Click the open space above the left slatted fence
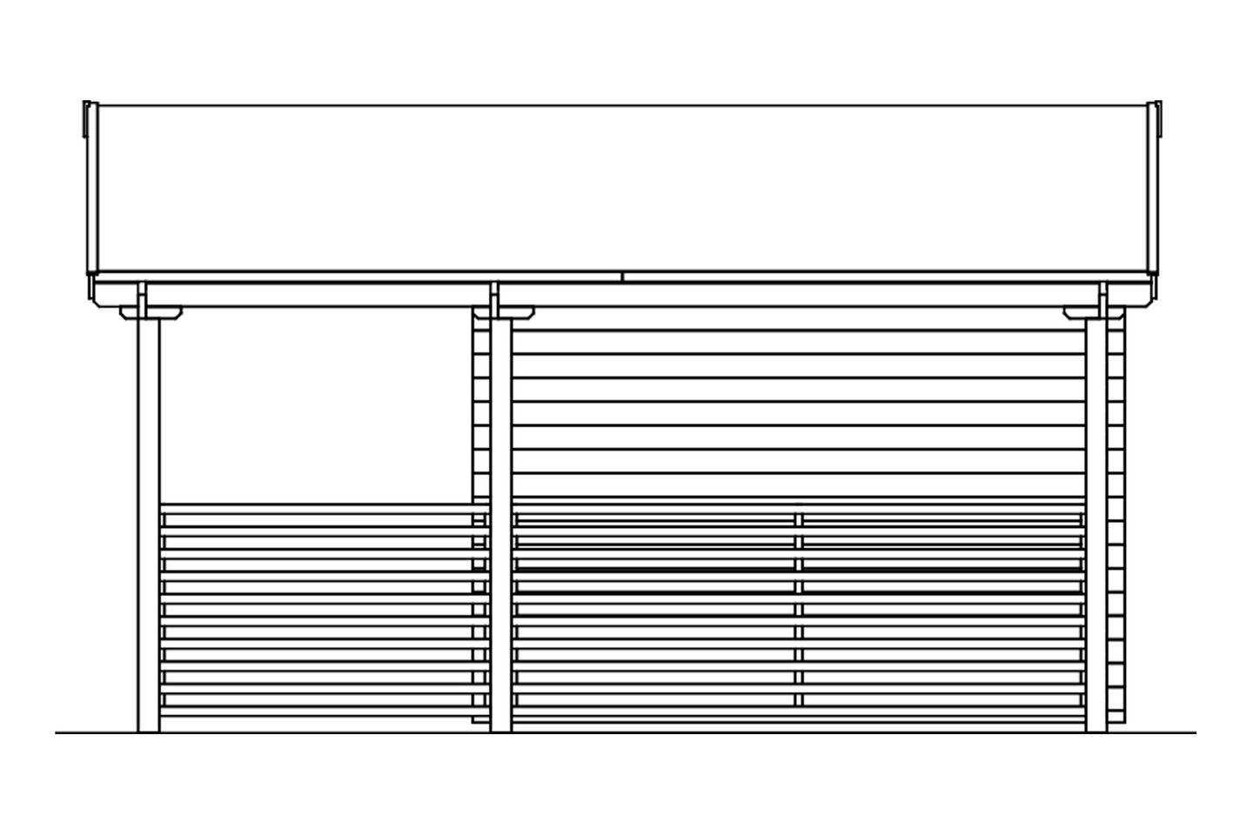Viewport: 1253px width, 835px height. (313, 409)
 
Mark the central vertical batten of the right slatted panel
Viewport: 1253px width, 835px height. (798, 609)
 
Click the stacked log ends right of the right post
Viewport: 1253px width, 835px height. (1116, 522)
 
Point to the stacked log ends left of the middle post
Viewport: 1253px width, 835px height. (479, 409)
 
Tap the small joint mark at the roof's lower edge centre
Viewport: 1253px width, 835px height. (622, 277)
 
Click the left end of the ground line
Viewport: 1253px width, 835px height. (59, 733)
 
